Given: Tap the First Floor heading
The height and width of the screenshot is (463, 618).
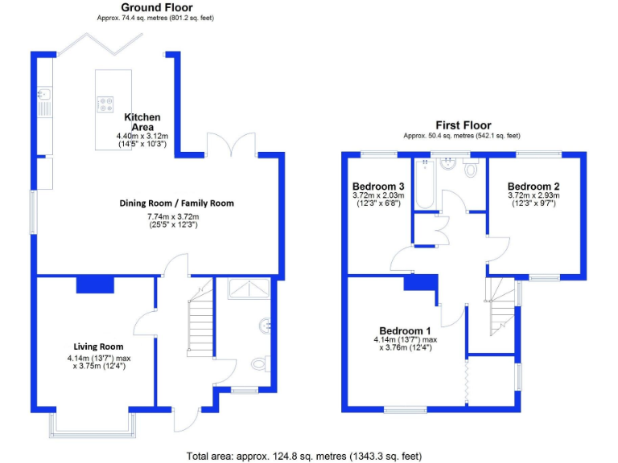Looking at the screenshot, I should pos(463,125).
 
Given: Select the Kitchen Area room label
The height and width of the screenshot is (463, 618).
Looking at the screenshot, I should pos(142,122).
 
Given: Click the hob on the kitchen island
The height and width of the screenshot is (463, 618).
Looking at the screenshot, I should pos(105,103).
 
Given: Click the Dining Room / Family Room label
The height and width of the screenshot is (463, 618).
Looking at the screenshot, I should pos(176,203).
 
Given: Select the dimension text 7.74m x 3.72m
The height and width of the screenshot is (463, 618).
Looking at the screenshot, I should pos(176,215).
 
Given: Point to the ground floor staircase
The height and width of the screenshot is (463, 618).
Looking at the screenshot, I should pos(200,318).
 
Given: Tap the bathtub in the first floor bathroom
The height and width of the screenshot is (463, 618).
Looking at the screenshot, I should pos(424,183).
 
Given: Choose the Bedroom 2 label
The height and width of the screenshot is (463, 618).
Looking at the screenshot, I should pos(534,186).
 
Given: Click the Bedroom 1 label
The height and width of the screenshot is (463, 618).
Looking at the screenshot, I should pos(406,331).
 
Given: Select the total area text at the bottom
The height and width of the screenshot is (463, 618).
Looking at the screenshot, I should pos(303,456).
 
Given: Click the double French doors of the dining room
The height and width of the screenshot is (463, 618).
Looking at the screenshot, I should pos(232,145).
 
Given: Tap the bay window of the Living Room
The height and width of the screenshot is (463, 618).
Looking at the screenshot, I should pos(96,424).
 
